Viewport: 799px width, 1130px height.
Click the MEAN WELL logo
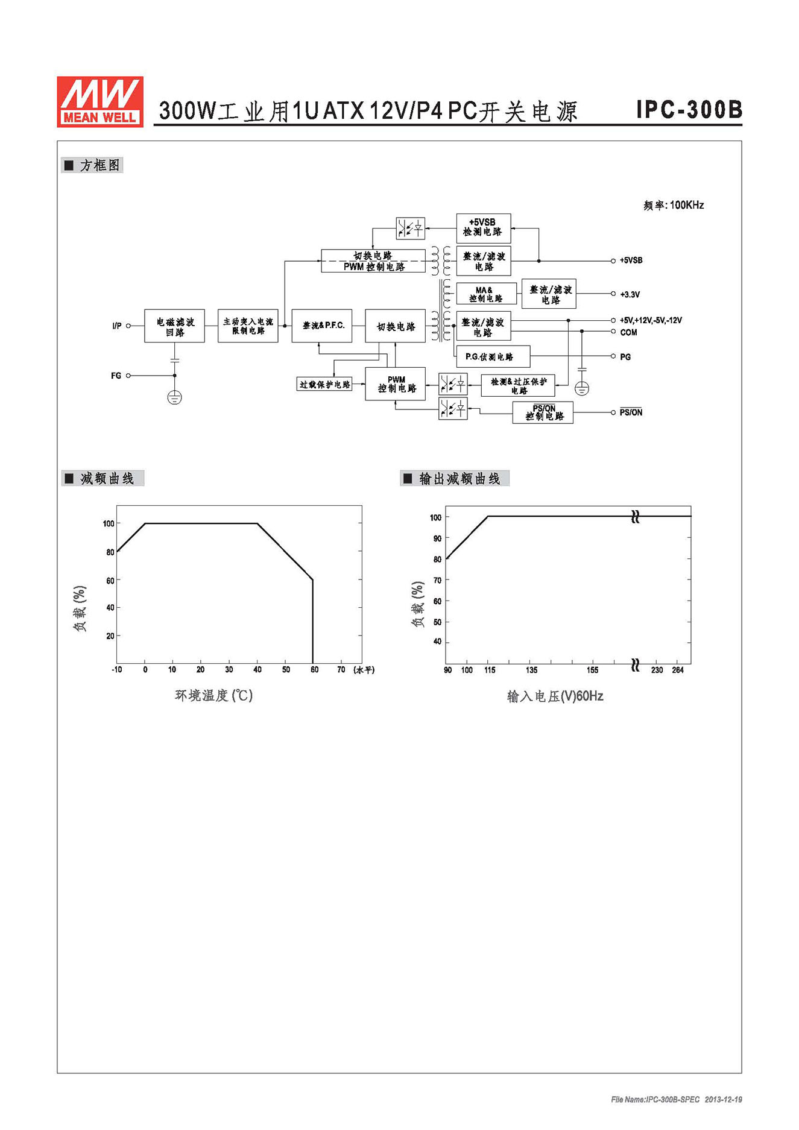pos(100,101)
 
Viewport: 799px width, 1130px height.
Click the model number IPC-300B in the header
pos(689,109)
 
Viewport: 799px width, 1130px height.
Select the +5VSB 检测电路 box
pos(483,228)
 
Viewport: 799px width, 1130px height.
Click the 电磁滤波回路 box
pos(174,326)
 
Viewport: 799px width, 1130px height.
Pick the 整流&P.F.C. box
pos(322,326)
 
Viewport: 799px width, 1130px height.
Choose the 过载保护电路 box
pos(324,384)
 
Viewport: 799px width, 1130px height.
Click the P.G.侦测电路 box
pos(493,356)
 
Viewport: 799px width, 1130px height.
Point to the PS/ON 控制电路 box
pos(543,413)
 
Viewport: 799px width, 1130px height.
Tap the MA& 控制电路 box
pos(487,294)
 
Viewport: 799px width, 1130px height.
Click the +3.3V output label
pos(630,295)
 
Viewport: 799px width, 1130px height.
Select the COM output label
pos(628,332)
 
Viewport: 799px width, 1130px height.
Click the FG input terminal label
pos(116,376)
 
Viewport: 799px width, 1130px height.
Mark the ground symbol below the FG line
pos(174,397)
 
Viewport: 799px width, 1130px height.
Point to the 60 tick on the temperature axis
pos(314,670)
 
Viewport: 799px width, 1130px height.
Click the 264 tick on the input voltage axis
pos(678,671)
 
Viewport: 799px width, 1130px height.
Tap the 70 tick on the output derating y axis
pos(437,580)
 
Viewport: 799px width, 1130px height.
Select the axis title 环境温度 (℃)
pos(214,695)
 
